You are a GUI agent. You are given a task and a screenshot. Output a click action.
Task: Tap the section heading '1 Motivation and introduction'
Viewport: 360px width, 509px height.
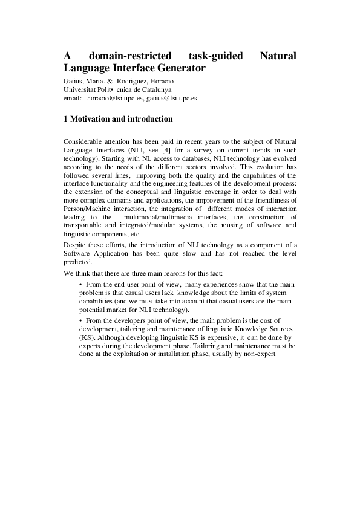[x=118, y=119]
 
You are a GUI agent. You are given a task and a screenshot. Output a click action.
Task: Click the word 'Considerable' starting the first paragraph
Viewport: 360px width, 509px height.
[x=83, y=141]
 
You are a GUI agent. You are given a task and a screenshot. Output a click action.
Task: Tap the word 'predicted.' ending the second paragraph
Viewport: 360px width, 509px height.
[x=77, y=263]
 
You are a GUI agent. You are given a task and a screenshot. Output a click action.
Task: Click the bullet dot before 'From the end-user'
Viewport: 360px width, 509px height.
[x=81, y=284]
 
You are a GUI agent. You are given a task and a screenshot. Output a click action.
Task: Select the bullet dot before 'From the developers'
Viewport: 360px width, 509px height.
[x=81, y=320]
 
